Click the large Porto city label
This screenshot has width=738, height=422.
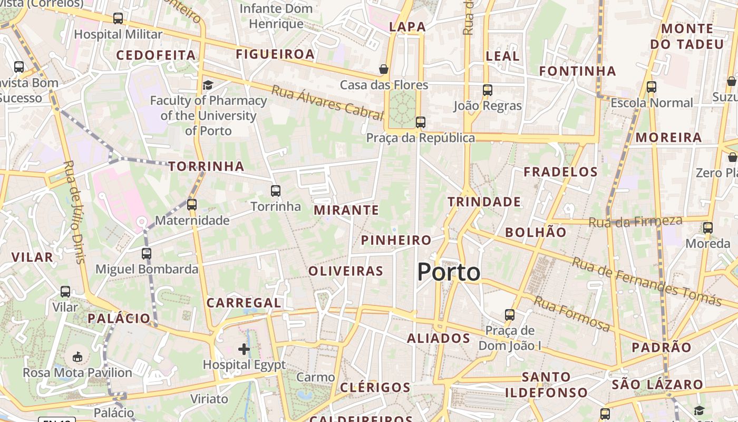point(449,272)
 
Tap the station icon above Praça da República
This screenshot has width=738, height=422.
point(420,122)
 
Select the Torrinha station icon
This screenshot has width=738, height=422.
point(276,191)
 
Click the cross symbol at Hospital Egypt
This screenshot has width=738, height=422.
point(244,349)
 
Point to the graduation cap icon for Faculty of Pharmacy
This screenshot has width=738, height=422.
point(208,85)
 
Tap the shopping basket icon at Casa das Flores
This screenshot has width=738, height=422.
point(384,69)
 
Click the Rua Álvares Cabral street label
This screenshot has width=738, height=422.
point(327,101)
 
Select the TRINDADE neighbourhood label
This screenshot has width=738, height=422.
point(484,202)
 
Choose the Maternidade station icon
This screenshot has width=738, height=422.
point(192,205)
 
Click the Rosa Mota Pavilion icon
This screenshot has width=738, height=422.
point(77,357)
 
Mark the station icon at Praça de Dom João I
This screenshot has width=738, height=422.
point(509,315)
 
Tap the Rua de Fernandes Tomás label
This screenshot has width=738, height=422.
point(646,282)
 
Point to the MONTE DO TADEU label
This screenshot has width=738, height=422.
point(687,36)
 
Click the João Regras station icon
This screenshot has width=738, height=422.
point(488,90)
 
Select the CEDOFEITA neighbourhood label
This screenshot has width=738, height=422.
point(156,55)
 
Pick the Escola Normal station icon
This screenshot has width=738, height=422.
point(652,87)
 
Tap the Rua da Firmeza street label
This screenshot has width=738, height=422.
point(635,222)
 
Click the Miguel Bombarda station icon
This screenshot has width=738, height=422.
point(147,254)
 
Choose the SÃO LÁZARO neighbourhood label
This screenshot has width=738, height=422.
point(657,385)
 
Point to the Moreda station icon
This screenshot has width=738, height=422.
point(708,228)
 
